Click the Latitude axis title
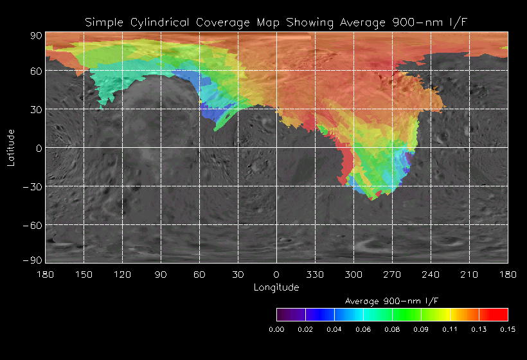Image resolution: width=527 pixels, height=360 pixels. pyautogui.click(x=10, y=148)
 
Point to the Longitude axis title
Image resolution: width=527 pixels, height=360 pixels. pyautogui.click(x=276, y=287)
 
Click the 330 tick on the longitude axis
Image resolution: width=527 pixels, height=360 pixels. pyautogui.click(x=315, y=274)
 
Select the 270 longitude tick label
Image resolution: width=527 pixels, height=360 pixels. pyautogui.click(x=392, y=274)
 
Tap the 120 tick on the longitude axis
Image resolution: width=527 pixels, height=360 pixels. pyautogui.click(x=122, y=274)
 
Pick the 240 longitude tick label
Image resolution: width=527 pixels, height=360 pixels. pyautogui.click(x=431, y=274)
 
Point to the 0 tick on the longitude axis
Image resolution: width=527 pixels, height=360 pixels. pyautogui.click(x=276, y=274)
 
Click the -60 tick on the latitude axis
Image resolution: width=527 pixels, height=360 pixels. pyautogui.click(x=31, y=225)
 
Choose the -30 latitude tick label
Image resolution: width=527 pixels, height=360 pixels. pyautogui.click(x=31, y=186)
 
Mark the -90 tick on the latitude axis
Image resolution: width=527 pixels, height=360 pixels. pyautogui.click(x=31, y=260)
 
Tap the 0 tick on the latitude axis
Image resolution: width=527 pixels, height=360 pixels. pyautogui.click(x=38, y=148)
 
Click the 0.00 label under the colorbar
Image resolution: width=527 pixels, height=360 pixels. pyautogui.click(x=276, y=329)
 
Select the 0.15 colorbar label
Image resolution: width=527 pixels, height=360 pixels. pyautogui.click(x=508, y=329)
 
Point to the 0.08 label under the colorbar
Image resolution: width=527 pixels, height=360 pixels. pyautogui.click(x=392, y=329)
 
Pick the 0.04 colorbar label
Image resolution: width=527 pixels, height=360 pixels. pyautogui.click(x=334, y=329)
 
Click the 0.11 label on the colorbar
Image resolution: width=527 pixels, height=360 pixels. pyautogui.click(x=450, y=329)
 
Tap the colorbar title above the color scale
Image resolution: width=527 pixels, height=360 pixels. pyautogui.click(x=392, y=301)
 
